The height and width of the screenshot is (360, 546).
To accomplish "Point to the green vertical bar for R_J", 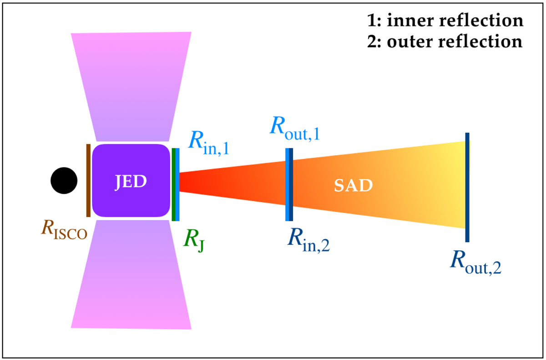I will coord(173,184).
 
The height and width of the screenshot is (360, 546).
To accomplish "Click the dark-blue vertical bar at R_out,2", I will coord(467,187).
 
